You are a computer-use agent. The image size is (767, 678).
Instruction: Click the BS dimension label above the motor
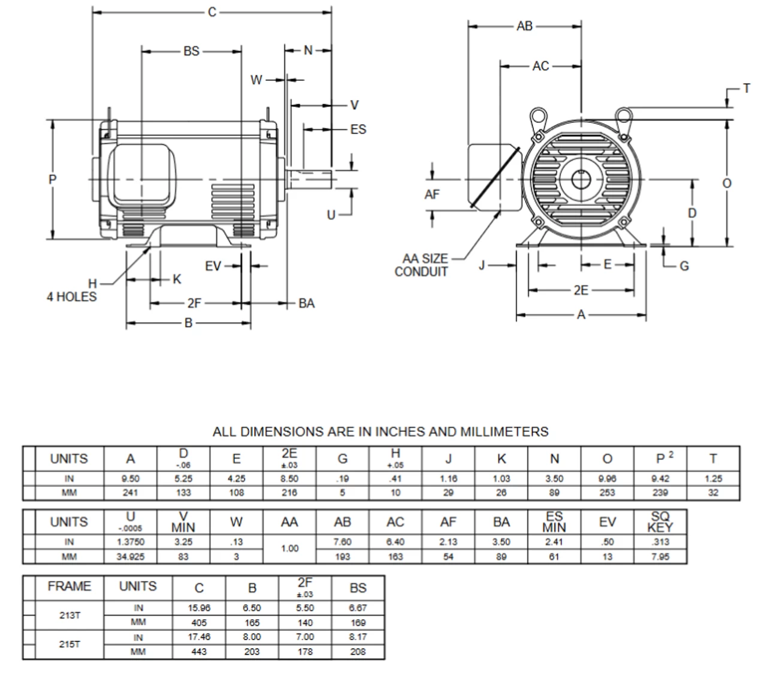tap(191, 52)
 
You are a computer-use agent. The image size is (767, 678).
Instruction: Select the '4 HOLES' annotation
tap(71, 296)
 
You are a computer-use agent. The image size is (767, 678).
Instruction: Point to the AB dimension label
tap(524, 26)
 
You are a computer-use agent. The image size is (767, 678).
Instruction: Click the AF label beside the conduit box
tap(432, 194)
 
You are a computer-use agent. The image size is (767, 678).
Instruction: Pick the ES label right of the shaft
tap(358, 129)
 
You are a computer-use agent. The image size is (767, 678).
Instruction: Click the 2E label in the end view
tap(581, 290)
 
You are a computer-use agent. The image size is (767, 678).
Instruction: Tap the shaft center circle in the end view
tap(580, 178)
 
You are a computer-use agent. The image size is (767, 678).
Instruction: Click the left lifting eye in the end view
tap(537, 115)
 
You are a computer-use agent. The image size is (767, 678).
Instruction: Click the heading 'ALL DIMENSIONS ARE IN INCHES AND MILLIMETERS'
tap(381, 431)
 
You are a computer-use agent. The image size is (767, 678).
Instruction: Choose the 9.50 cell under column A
tap(130, 479)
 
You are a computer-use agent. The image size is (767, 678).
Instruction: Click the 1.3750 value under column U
tap(130, 542)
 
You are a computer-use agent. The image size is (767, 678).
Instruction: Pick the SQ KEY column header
tap(660, 522)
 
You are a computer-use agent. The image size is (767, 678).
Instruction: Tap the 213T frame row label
tap(70, 615)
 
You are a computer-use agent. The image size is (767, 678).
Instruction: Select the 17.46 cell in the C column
tap(199, 637)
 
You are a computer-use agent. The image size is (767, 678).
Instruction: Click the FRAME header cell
tap(70, 586)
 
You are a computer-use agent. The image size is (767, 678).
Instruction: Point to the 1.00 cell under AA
tap(289, 549)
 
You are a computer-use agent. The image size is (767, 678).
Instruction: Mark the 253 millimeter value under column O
tap(607, 493)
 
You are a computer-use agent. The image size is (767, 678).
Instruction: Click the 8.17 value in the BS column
tap(358, 637)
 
